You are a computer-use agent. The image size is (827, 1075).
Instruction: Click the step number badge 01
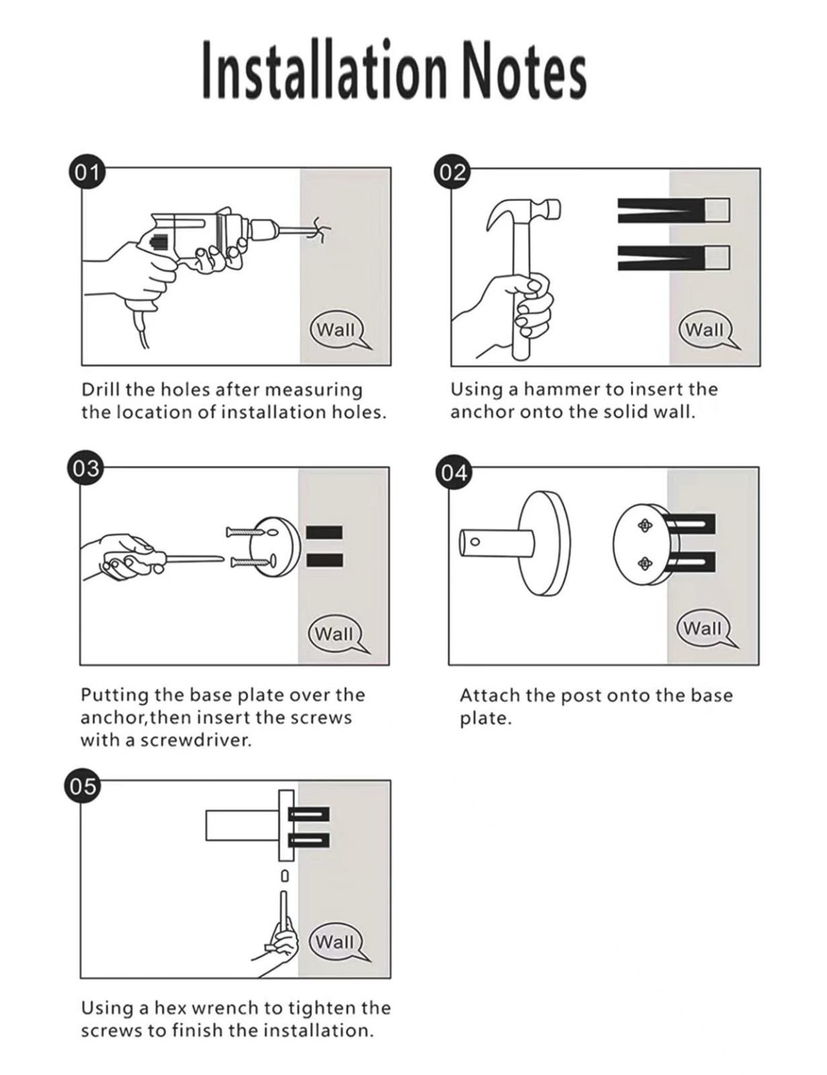[86, 173]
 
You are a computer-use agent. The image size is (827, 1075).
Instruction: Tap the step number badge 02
[453, 173]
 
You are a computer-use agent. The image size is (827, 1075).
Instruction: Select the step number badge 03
[85, 468]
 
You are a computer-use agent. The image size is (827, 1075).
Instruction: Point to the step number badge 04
[454, 473]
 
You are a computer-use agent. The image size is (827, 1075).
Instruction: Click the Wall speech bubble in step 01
[336, 330]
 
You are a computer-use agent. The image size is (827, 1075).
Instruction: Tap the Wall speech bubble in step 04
[703, 628]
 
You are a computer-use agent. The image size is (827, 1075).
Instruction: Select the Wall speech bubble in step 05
[335, 941]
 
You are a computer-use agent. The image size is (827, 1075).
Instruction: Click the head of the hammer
[524, 211]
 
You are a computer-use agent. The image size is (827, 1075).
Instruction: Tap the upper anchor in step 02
[672, 210]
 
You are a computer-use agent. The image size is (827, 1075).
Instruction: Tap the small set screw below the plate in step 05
[284, 876]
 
